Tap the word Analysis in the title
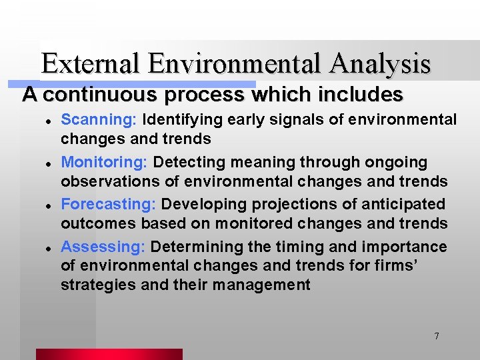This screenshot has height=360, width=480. [381, 64]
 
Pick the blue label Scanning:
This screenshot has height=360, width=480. [99, 120]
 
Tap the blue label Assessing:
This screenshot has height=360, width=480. [103, 247]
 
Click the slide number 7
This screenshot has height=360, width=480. [437, 336]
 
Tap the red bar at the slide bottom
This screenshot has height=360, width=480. [109, 354]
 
